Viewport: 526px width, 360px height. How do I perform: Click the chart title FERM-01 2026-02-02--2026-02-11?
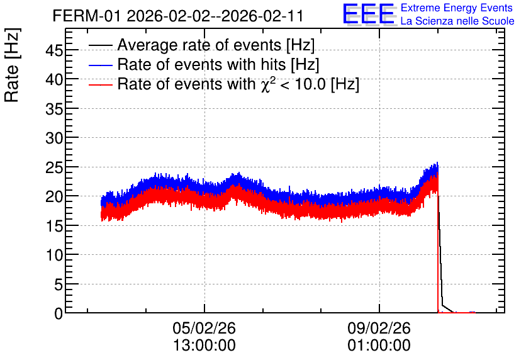(178, 16)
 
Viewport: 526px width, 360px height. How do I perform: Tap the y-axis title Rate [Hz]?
(12, 65)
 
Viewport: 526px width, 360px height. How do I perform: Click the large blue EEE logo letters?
(369, 14)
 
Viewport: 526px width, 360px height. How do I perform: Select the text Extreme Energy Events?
(457, 8)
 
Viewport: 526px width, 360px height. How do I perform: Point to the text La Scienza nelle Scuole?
(457, 21)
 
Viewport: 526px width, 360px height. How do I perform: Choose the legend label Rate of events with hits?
(218, 64)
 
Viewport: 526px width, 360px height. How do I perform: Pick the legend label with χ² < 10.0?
(238, 84)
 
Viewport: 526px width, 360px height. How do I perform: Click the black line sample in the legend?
(101, 45)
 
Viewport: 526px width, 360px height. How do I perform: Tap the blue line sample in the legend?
(101, 65)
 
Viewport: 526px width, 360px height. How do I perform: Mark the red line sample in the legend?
(101, 84)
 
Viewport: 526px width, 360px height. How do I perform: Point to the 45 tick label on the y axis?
(54, 50)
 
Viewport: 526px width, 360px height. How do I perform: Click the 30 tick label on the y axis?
(54, 138)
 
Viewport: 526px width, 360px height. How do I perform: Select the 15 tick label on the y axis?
(54, 226)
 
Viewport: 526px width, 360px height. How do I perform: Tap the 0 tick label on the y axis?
(59, 313)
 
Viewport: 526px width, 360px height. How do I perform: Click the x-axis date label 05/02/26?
(204, 328)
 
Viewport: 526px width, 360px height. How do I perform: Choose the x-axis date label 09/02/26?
(379, 328)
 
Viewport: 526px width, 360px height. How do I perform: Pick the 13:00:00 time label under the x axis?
(204, 346)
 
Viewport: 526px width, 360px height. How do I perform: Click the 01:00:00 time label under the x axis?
(379, 346)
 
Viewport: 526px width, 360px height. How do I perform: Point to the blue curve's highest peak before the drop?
(437, 163)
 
